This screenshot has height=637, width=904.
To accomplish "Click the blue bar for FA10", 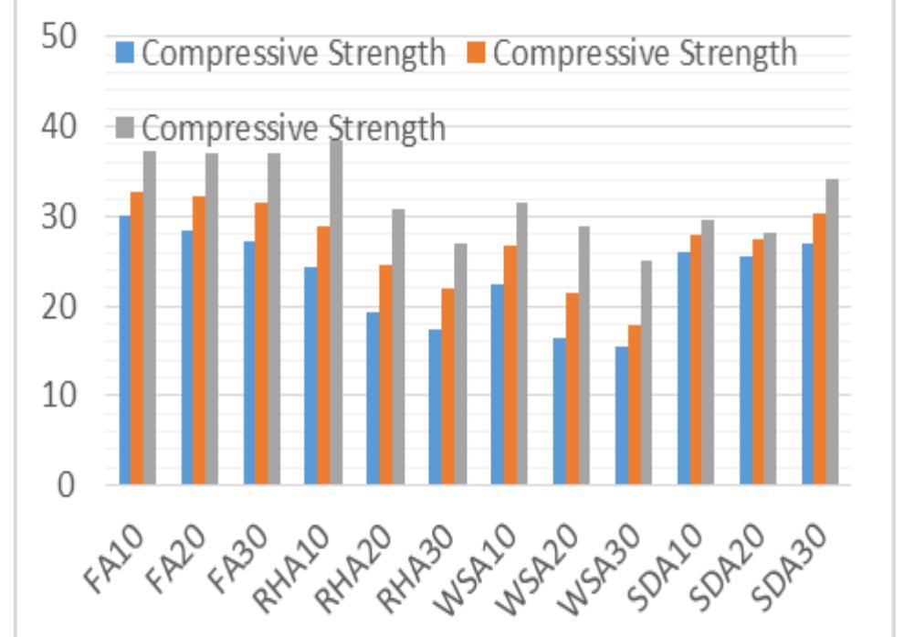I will (125, 350).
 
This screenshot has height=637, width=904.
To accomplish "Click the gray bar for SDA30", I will (832, 332).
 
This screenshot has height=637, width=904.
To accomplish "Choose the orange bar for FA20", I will (199, 340).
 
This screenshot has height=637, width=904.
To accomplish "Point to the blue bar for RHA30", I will (435, 407).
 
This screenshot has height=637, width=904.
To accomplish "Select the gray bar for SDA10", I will (708, 352).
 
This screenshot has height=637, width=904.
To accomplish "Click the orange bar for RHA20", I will (385, 375).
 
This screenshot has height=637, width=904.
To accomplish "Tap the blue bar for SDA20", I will (745, 370).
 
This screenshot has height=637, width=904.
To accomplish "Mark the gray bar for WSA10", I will (521, 344).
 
